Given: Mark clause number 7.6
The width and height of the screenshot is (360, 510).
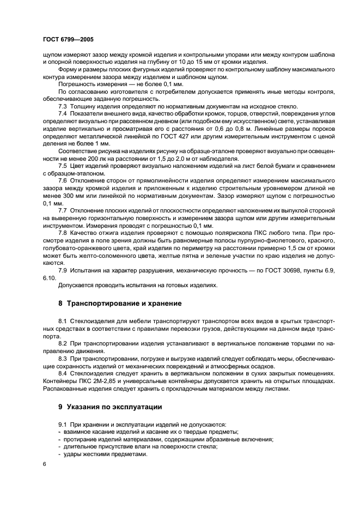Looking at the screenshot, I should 63,180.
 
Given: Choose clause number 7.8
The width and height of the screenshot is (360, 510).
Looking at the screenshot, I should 63,232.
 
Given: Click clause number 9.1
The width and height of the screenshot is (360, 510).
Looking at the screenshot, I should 63,424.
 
